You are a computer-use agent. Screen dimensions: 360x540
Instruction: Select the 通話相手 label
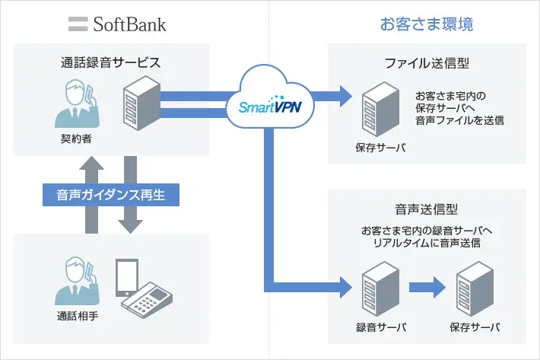click(x=78, y=315)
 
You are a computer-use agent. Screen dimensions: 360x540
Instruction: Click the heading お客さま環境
click(x=427, y=24)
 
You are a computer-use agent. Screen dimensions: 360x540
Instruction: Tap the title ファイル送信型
click(x=427, y=65)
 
